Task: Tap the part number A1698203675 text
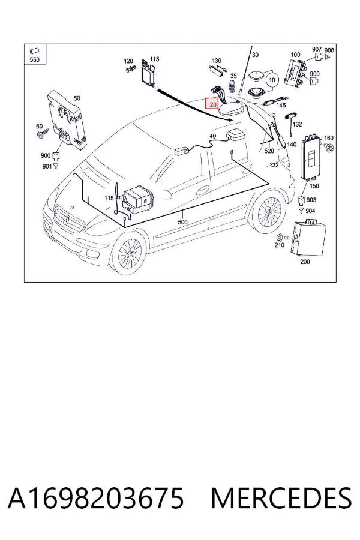click(x=96, y=499)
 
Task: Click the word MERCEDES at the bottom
click(x=281, y=499)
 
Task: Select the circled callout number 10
click(x=272, y=80)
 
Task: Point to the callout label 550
click(x=35, y=59)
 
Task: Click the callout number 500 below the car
click(x=182, y=222)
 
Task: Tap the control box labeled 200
click(x=308, y=238)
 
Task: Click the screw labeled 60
click(x=41, y=134)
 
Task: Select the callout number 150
click(x=314, y=186)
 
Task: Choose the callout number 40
click(x=212, y=136)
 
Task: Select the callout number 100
click(x=295, y=55)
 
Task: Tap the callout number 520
click(x=269, y=151)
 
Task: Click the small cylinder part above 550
click(x=34, y=51)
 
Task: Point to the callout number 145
click(x=281, y=106)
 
